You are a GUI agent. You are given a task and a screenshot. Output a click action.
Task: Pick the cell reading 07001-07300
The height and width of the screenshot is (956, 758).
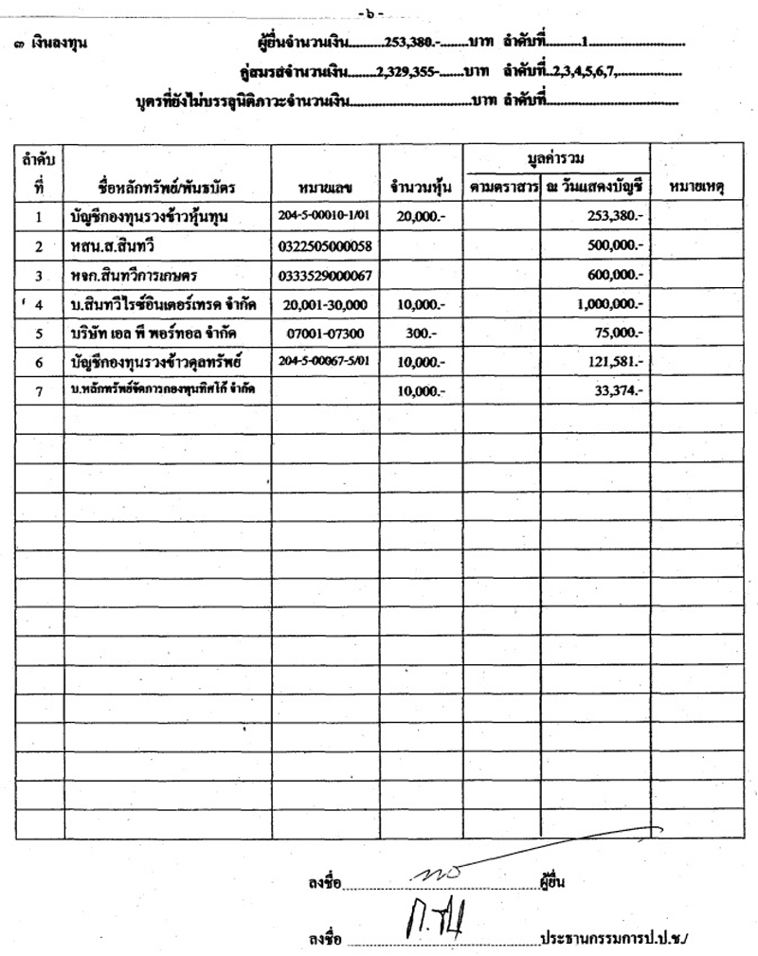tap(325, 334)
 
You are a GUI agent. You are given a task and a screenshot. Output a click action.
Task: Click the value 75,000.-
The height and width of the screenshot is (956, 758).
tap(621, 334)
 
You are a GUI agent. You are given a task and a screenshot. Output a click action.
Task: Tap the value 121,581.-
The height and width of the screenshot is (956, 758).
tap(616, 363)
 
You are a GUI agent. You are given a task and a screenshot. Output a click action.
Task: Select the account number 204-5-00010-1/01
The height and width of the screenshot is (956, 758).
tap(325, 216)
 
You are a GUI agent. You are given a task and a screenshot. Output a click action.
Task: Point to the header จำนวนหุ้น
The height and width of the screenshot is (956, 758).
tap(421, 187)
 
